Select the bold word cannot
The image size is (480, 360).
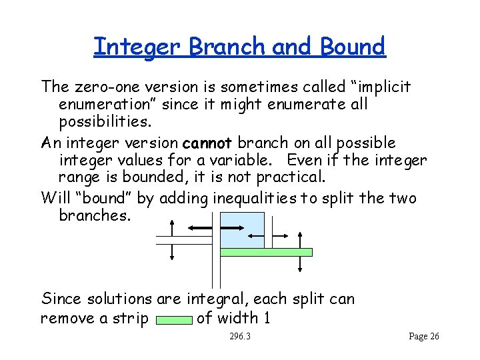pyautogui.click(x=206, y=143)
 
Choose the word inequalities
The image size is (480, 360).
pyautogui.click(x=255, y=198)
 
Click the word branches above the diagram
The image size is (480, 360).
pyautogui.click(x=91, y=215)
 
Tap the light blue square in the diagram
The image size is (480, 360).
pyautogui.click(x=242, y=230)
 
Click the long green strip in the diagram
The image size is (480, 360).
pyautogui.click(x=266, y=252)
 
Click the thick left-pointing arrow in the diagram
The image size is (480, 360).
pyautogui.click(x=200, y=229)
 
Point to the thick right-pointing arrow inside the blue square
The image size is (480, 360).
pyautogui.click(x=255, y=234)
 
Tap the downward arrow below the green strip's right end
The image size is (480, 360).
pyautogui.click(x=301, y=263)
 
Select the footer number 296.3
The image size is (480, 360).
pyautogui.click(x=240, y=337)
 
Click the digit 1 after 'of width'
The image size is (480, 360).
pyautogui.click(x=266, y=318)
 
